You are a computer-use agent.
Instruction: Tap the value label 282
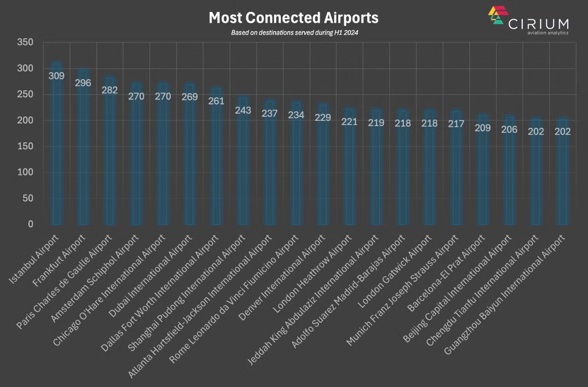[110, 90]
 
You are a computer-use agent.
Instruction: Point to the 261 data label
[216, 101]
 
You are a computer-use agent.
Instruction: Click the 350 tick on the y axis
[25, 42]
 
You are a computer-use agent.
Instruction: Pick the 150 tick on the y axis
[25, 146]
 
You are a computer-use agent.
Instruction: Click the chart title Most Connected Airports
[293, 18]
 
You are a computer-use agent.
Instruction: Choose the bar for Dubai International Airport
[190, 162]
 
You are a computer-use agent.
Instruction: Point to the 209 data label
[483, 128]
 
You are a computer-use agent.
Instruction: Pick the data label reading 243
[243, 110]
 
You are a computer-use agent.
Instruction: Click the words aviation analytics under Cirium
[545, 33]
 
